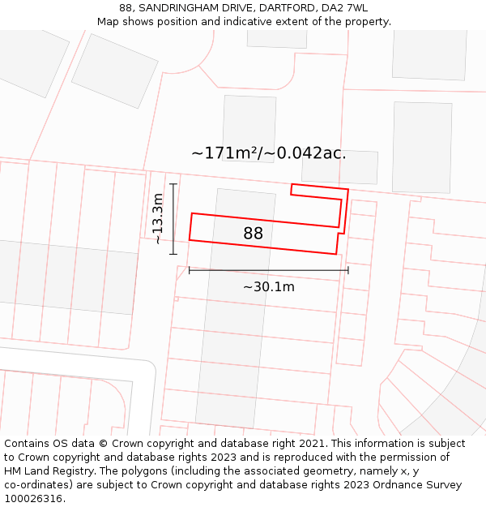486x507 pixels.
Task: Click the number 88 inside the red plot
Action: coord(254,234)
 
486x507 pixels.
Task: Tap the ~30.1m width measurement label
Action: coord(269,286)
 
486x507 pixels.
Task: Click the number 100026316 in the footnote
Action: coord(34,499)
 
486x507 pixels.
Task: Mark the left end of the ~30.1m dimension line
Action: coord(189,270)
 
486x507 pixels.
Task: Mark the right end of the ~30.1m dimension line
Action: coord(348,270)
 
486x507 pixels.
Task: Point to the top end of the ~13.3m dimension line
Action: coord(173,184)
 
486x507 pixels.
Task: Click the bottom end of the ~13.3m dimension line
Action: coord(173,254)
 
